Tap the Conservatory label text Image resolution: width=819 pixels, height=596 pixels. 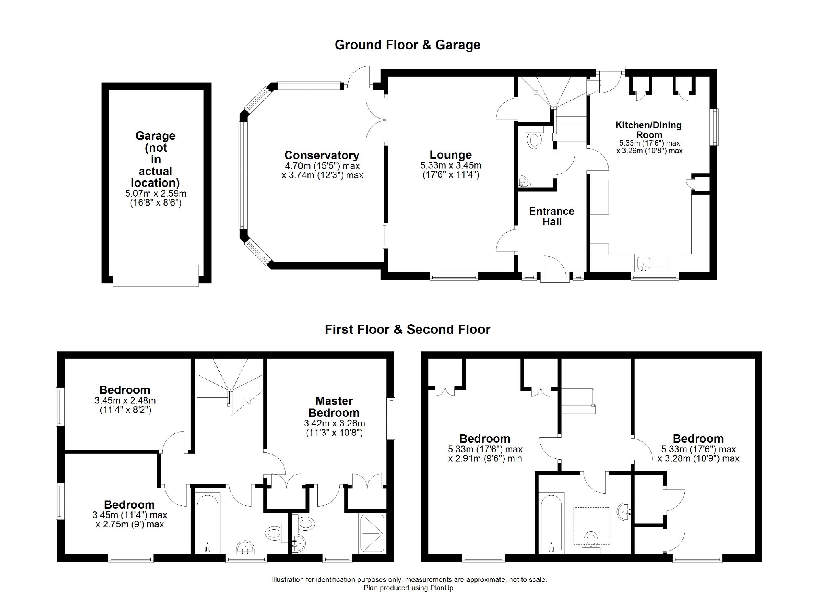pos(322,155)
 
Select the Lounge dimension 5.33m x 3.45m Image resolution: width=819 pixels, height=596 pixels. pos(451,165)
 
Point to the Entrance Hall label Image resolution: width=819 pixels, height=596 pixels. pos(552,216)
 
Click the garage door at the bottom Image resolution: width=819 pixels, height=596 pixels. pos(156,276)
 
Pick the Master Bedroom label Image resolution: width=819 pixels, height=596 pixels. pos(334,407)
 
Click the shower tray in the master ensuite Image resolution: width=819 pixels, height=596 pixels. pos(372,534)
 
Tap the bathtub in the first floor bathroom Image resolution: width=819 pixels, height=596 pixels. pos(207,523)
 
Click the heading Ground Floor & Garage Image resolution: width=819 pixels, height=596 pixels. pos(407,45)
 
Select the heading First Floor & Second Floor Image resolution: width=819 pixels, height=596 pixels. pos(407,329)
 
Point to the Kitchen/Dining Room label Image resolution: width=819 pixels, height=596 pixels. pos(649,130)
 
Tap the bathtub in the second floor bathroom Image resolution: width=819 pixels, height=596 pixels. pos(552,523)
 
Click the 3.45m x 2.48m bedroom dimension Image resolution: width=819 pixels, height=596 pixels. pos(125,401)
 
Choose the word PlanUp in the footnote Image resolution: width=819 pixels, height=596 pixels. pos(444,588)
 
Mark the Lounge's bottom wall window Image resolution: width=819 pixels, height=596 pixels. pos(454,277)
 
